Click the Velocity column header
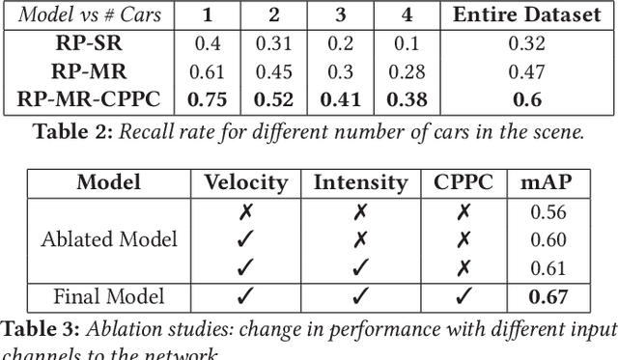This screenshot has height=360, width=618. point(245,182)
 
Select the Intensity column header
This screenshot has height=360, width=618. point(360,182)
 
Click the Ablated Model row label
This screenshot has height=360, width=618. point(109,239)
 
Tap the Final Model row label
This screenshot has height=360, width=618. point(109,296)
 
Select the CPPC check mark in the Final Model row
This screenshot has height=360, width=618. point(464,296)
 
